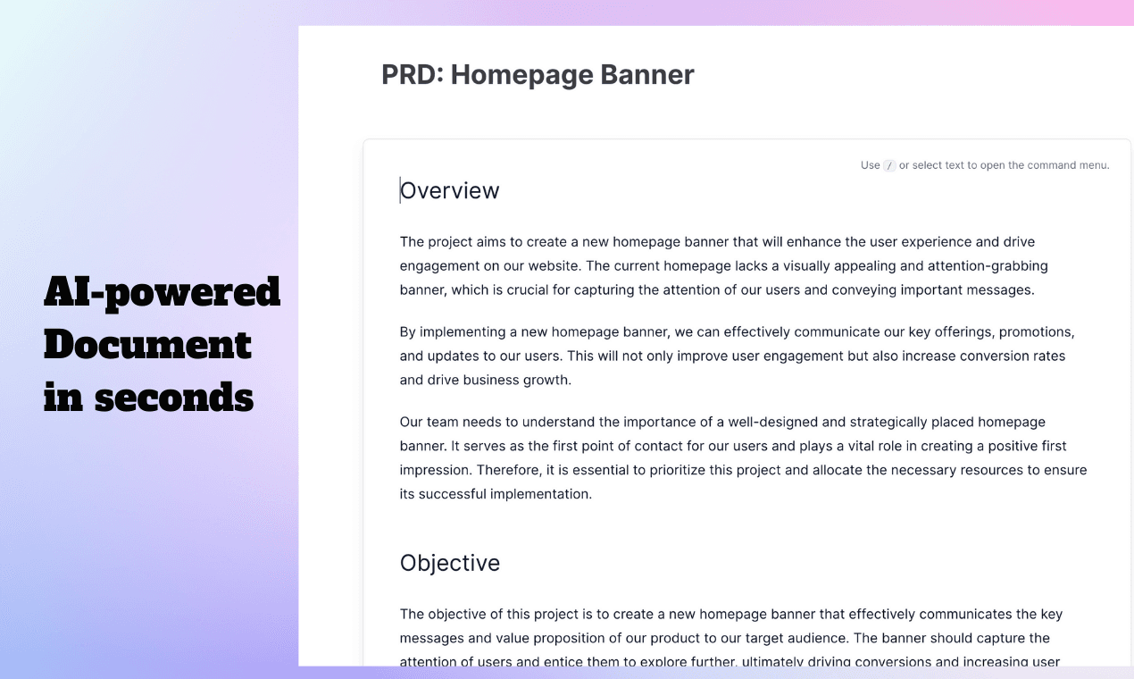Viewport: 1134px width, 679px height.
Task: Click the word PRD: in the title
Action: (413, 74)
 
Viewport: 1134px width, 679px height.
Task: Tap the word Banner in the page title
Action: (647, 74)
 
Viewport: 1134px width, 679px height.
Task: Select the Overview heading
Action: (449, 190)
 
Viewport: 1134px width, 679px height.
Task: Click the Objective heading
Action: (449, 564)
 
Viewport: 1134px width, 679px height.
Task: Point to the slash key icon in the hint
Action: (889, 165)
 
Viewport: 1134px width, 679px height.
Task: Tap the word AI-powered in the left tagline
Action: (162, 292)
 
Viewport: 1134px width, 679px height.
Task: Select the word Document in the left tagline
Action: (147, 345)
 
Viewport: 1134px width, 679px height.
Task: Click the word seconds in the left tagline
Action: (173, 397)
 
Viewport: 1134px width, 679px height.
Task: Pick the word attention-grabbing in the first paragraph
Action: (988, 266)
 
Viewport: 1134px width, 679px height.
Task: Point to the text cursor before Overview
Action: (400, 190)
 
